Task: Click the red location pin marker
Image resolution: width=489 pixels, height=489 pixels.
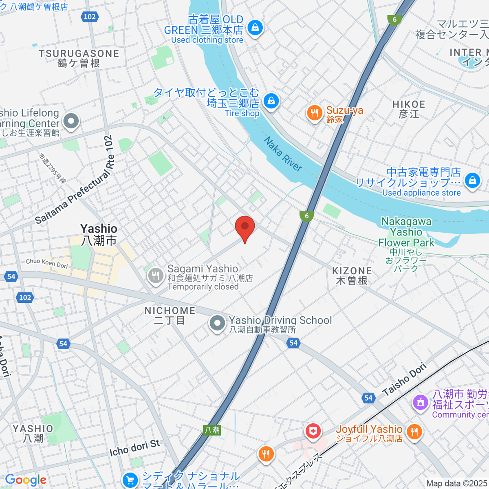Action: pos(245,227)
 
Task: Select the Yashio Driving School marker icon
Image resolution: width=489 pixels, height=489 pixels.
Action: pos(217,324)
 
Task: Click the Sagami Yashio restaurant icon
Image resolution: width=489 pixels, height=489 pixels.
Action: pos(155,275)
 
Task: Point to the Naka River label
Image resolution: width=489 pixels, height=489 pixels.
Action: pos(283,154)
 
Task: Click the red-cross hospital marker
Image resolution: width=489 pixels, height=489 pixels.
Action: pos(313,431)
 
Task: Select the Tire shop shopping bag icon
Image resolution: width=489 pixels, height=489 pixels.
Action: pos(271,101)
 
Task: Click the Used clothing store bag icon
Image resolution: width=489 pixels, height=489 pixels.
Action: pos(255,28)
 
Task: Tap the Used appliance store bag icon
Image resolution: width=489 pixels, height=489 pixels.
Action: pos(472,179)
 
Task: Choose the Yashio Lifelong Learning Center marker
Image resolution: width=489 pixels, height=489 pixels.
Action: pos(71,121)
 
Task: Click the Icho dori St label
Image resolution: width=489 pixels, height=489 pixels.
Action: pos(134,448)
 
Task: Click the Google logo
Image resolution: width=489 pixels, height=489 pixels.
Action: pos(26,480)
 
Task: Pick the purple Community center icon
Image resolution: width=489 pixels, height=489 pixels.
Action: pos(421,403)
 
